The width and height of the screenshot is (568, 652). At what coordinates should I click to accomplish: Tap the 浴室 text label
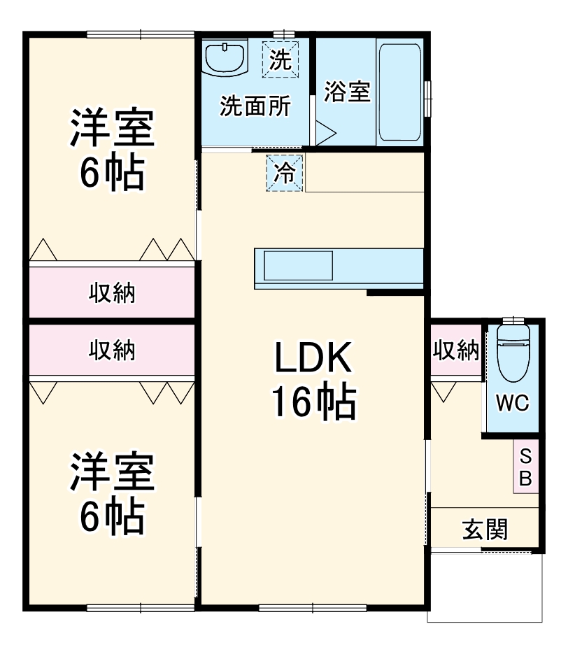348,92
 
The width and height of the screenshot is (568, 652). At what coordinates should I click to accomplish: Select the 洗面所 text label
255,106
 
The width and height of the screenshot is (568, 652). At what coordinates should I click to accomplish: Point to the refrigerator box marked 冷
285,172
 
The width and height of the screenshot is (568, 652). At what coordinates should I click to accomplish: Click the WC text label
513,404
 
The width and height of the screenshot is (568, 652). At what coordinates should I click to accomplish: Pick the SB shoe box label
526,467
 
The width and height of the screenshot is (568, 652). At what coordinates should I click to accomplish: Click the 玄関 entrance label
485,530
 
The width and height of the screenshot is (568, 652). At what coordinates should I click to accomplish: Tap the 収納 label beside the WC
456,350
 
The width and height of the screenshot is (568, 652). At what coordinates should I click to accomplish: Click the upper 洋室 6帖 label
111,150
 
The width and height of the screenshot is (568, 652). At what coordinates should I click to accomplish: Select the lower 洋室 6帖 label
111,494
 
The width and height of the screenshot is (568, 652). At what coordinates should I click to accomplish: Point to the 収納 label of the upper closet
112,292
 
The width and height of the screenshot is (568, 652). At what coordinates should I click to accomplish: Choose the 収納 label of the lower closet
112,350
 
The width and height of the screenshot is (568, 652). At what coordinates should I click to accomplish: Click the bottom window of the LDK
313,607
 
